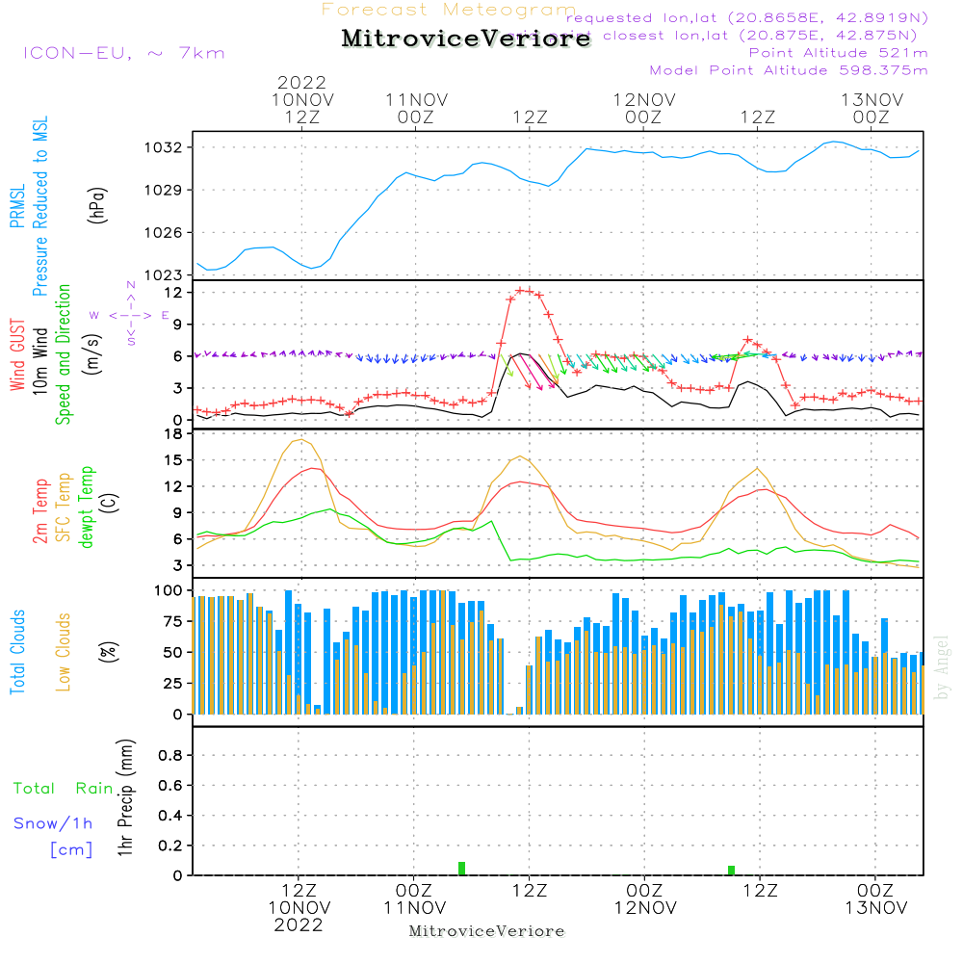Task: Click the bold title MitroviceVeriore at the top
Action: [x=466, y=39]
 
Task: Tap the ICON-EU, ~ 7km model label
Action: [x=123, y=53]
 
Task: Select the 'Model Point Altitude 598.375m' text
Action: [x=789, y=70]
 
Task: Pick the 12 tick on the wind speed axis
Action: [x=172, y=291]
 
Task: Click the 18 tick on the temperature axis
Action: [x=172, y=434]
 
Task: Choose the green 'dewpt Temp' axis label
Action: [x=87, y=508]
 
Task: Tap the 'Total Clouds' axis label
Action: [x=17, y=652]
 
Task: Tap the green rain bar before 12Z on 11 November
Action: [x=462, y=869]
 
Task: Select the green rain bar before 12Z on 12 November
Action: [x=732, y=871]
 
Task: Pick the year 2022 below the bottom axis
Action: [x=299, y=925]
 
